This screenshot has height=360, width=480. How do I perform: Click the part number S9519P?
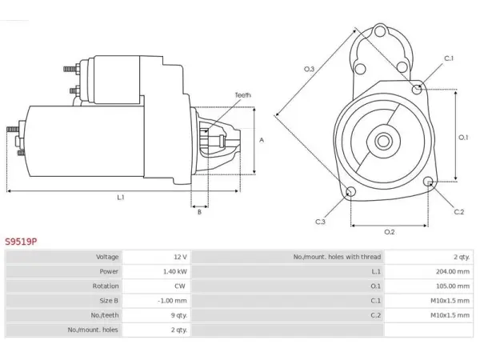pyautogui.click(x=21, y=242)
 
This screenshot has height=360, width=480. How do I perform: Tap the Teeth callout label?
pyautogui.click(x=242, y=95)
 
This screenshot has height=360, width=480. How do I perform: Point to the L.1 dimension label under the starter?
pyautogui.click(x=121, y=198)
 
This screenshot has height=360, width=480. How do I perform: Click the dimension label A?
pyautogui.click(x=262, y=140)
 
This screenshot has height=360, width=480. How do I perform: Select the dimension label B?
pyautogui.click(x=199, y=212)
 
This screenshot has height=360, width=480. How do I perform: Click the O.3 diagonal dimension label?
pyautogui.click(x=309, y=69)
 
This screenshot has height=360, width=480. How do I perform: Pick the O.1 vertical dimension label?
pyautogui.click(x=463, y=138)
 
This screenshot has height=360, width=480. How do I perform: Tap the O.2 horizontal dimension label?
pyautogui.click(x=389, y=232)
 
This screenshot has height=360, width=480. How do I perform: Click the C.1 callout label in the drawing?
pyautogui.click(x=449, y=58)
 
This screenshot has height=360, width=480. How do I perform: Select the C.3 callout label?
pyautogui.click(x=320, y=222)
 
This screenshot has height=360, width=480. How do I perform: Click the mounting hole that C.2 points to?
pyautogui.click(x=429, y=182)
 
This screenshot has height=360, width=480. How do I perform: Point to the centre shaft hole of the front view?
pyautogui.click(x=383, y=142)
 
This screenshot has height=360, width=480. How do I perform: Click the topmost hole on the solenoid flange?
pyautogui.click(x=379, y=31)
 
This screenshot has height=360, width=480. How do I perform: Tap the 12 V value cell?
pyautogui.click(x=180, y=257)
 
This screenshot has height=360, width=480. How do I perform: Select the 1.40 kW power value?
pyautogui.click(x=174, y=271)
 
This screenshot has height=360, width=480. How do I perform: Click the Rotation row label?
pyautogui.click(x=106, y=286)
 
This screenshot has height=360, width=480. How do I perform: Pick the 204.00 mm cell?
pyautogui.click(x=453, y=271)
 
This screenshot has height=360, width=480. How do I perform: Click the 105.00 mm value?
pyautogui.click(x=453, y=286)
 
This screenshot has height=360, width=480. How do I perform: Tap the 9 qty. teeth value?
pyautogui.click(x=178, y=315)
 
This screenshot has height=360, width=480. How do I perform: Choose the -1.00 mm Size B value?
pyautogui.click(x=172, y=301)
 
